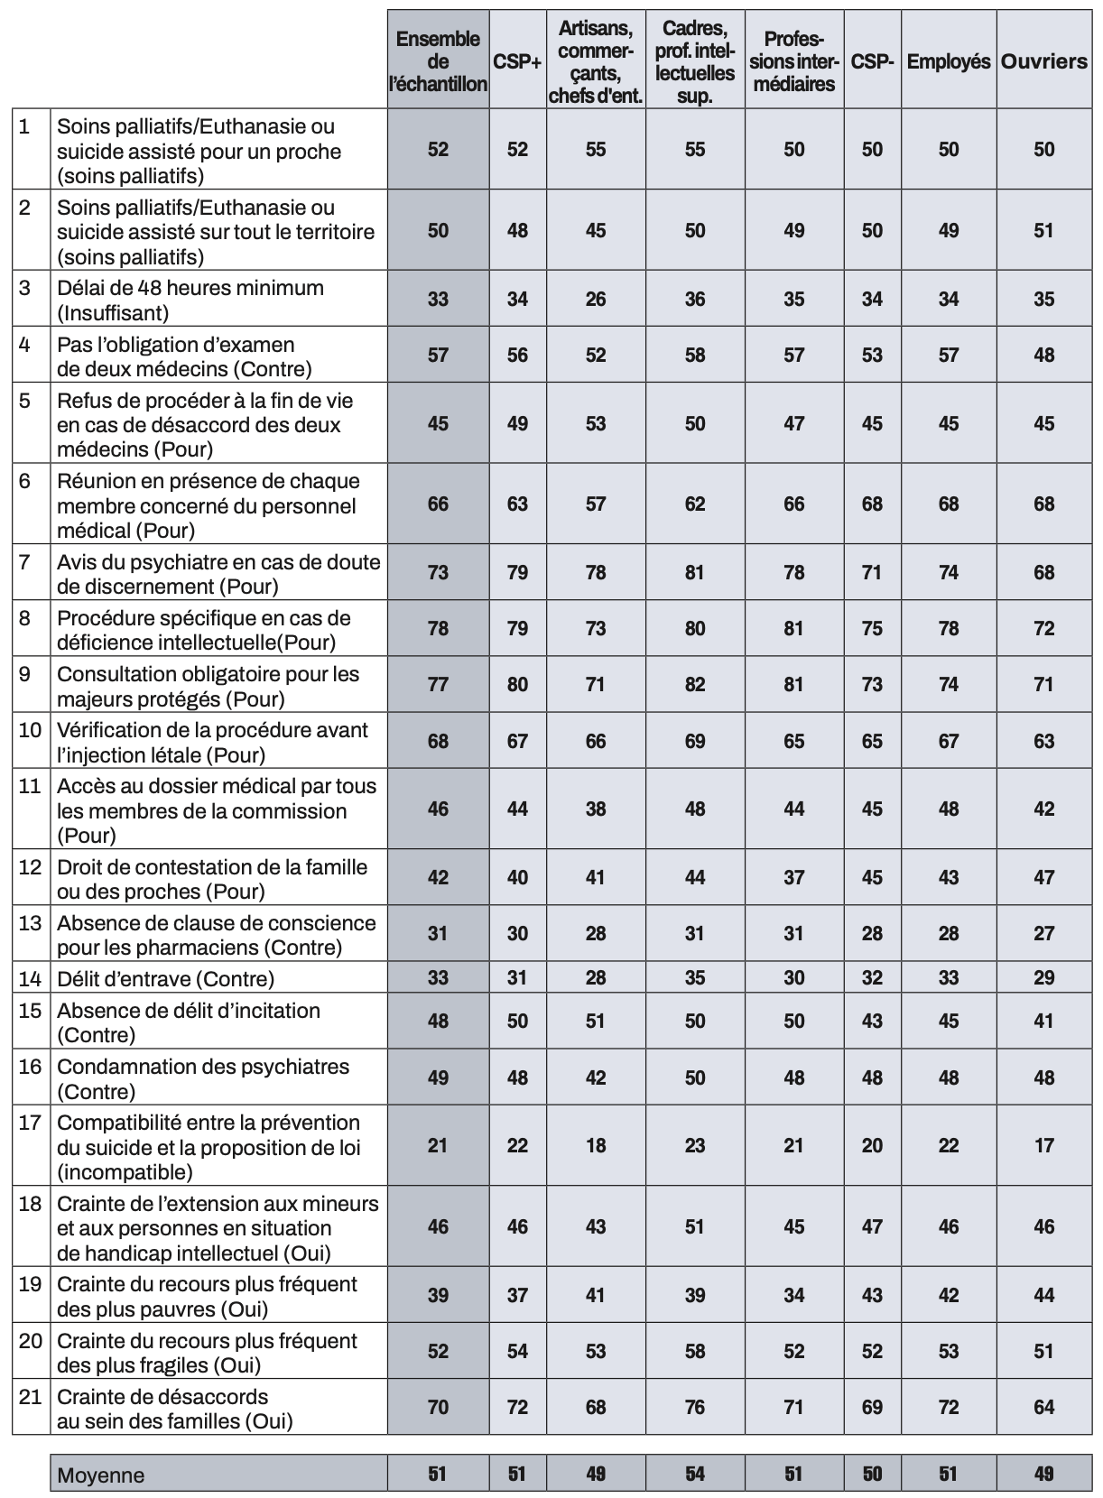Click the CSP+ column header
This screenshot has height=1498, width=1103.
coord(517,62)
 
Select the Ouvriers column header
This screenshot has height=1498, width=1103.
coord(1043,61)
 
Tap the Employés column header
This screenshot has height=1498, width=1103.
coord(948,62)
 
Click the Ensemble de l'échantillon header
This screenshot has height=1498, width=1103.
coord(438,61)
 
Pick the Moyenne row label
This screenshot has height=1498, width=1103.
coord(100,1475)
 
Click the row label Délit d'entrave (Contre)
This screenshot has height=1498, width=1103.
coord(165,978)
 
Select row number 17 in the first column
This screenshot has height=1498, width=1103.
coord(31,1123)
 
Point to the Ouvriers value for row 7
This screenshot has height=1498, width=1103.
coord(1043,572)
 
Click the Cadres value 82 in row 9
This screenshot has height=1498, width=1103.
coord(694,685)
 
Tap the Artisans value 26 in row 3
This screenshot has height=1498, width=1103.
coord(596,299)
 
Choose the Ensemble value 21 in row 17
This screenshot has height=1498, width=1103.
coord(438,1145)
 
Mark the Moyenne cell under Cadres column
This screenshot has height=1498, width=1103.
coord(694,1474)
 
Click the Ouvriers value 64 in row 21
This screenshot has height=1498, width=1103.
coord(1043,1406)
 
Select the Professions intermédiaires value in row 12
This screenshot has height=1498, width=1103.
coord(793,877)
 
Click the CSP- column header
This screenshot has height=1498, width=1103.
coord(872,62)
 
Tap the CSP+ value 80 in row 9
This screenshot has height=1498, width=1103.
coord(517,685)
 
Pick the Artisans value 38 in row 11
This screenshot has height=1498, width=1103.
coord(596,809)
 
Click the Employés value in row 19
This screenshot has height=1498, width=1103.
coord(948,1295)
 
